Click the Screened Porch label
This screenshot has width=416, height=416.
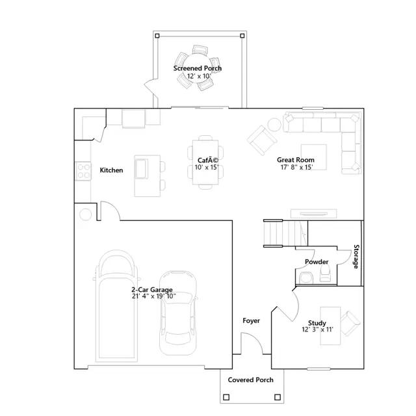coord(198,68)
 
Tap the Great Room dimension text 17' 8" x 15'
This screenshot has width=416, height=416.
coord(296,167)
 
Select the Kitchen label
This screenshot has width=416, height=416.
coord(111,170)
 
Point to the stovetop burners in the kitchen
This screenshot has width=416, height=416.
coord(83,171)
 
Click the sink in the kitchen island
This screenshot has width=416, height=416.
coord(141,169)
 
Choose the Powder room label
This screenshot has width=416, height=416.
coord(317,262)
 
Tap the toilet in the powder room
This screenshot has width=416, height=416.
coord(325,273)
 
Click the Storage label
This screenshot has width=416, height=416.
coord(356,257)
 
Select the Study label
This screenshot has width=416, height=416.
coord(317,323)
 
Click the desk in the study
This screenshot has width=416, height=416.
coord(330,326)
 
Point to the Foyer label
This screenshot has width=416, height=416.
coord(252,320)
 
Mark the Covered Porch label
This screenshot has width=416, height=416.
coord(250,380)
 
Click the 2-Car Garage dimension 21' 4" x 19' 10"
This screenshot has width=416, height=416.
coord(154,296)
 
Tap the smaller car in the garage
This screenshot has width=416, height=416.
coord(178,313)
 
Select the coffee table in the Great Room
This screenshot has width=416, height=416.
coord(313,157)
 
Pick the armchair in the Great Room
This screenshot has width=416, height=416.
coord(261,140)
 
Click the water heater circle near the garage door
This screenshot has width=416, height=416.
coord(85,214)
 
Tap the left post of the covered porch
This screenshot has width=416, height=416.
coord(226,397)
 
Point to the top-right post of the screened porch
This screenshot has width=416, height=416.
coord(242,36)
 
